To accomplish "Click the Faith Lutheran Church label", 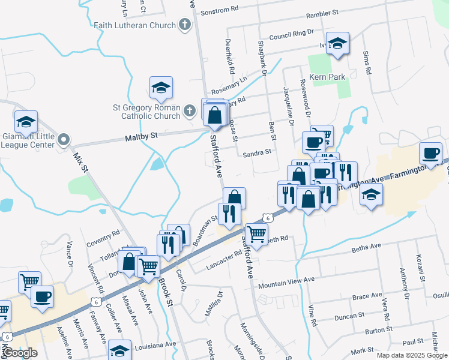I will pyautogui.click(x=134, y=25).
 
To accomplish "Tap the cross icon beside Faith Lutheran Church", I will pyautogui.click(x=185, y=25).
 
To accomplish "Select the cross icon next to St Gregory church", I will pyautogui.click(x=190, y=110).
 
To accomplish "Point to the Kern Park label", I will pyautogui.click(x=327, y=77).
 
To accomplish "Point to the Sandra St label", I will pyautogui.click(x=258, y=153).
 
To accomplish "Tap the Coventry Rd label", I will pyautogui.click(x=103, y=235).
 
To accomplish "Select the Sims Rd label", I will pyautogui.click(x=366, y=62).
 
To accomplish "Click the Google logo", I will pyautogui.click(x=20, y=353).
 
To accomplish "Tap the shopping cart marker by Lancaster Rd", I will pyautogui.click(x=256, y=234).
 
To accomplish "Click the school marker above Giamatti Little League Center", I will pyautogui.click(x=26, y=122).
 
